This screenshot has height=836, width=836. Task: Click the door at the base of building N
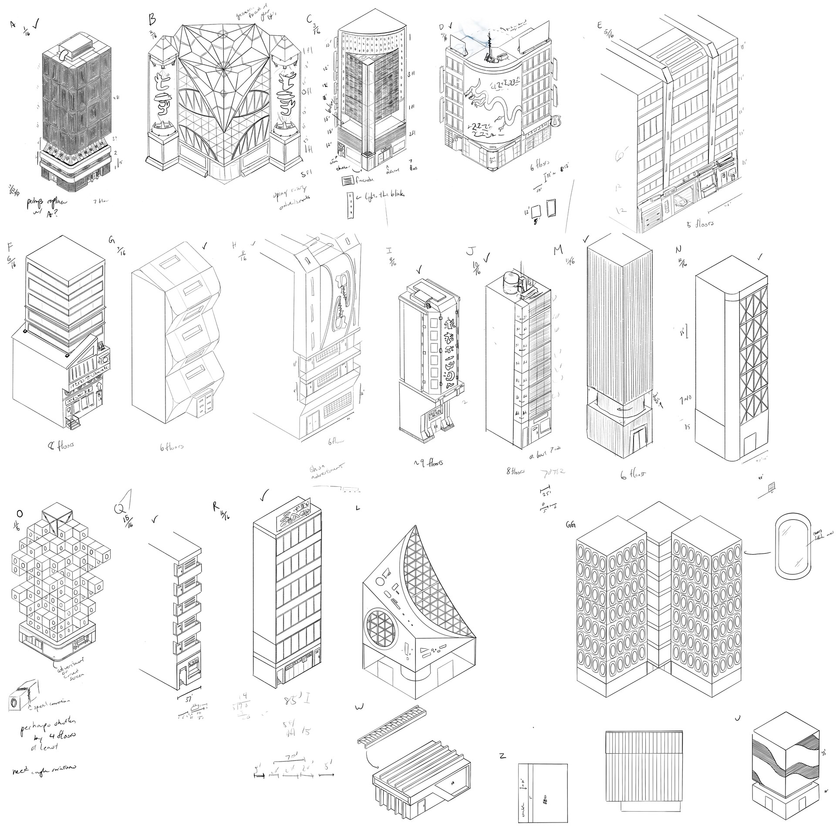click(x=750, y=445)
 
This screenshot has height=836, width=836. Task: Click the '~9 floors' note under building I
click(x=428, y=462)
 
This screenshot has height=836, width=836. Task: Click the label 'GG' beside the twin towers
click(x=570, y=526)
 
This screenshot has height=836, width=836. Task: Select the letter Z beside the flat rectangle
click(x=502, y=755)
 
